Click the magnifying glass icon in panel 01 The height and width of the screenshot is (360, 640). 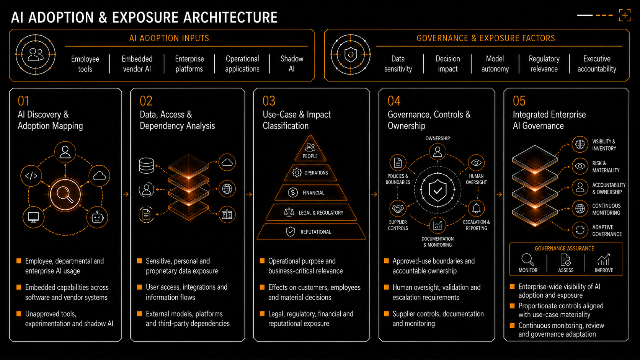point(65,194)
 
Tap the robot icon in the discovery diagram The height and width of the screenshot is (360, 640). point(97,218)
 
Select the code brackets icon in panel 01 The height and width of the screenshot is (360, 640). point(31,176)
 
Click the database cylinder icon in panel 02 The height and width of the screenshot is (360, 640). point(146,166)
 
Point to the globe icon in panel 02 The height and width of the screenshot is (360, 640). point(227,189)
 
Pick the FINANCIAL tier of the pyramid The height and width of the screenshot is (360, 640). point(311,193)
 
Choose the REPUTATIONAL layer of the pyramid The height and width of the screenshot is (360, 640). point(311,232)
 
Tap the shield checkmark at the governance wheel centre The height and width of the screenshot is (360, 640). point(438,190)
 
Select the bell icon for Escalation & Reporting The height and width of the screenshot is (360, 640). point(476,208)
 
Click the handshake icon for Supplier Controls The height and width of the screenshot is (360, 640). point(398,209)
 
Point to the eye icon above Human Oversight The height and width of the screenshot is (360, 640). point(476,163)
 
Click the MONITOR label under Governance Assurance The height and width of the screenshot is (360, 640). point(528,270)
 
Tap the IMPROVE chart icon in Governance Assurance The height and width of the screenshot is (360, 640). point(604,259)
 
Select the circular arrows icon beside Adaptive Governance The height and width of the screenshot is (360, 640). point(580,230)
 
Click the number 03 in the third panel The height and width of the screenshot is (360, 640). point(269,101)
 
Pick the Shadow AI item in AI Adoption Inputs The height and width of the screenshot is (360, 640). point(292,64)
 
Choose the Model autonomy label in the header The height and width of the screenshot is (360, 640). point(495,64)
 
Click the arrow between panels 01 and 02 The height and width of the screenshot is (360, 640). point(126,194)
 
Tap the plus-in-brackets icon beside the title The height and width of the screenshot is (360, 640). point(625,15)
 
